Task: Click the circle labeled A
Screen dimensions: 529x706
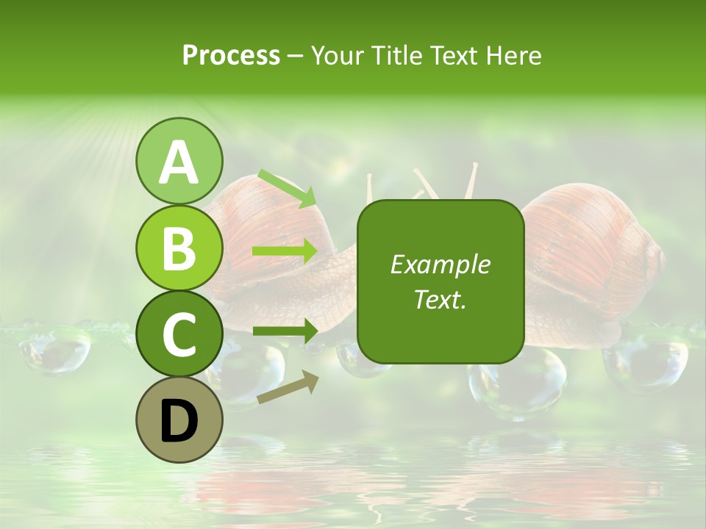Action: tap(179, 161)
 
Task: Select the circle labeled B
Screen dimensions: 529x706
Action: tap(179, 248)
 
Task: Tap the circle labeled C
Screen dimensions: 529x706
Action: tap(179, 334)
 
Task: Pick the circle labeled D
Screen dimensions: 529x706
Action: tap(179, 420)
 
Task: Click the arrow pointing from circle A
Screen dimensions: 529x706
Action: tap(287, 188)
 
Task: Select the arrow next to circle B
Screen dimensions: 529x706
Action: tap(285, 251)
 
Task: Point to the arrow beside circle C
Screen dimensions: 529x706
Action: tap(285, 331)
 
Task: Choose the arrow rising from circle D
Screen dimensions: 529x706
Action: tap(288, 388)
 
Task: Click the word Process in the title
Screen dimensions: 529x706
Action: tap(231, 55)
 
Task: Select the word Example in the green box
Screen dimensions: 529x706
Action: tap(440, 264)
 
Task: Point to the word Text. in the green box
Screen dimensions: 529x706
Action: tap(440, 299)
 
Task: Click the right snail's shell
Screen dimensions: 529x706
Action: tap(588, 250)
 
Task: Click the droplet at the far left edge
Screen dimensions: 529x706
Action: tap(55, 349)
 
